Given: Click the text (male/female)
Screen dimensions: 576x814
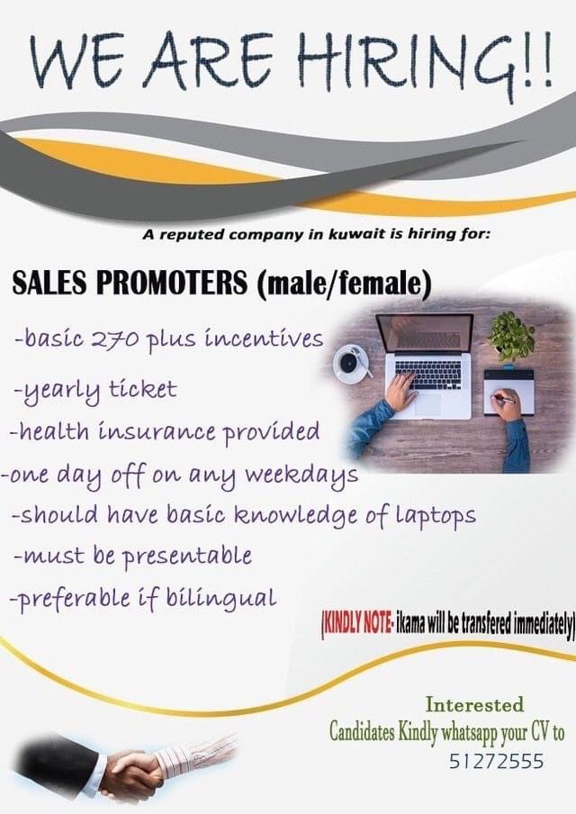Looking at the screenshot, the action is tap(344, 285).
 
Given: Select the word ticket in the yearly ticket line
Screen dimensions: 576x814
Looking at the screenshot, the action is tap(143, 389).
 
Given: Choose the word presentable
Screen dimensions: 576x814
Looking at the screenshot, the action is tap(187, 557).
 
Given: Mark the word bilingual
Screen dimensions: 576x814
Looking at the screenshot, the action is tap(221, 598).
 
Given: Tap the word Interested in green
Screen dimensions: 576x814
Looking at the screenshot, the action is tap(474, 705).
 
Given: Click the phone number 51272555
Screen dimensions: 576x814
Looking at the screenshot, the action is tap(496, 762).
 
